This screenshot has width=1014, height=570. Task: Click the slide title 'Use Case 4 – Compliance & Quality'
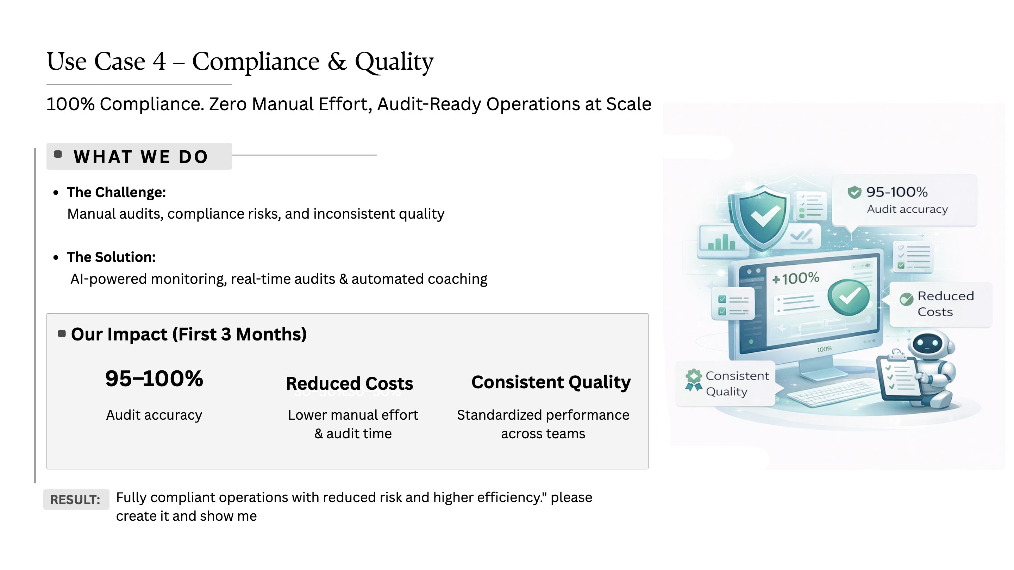pyautogui.click(x=240, y=62)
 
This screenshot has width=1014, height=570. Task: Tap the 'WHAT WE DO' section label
pyautogui.click(x=140, y=157)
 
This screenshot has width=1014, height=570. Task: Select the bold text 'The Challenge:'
pyautogui.click(x=116, y=192)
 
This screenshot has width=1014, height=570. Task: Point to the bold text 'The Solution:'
pyautogui.click(x=111, y=257)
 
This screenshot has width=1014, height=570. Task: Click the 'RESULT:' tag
pyautogui.click(x=76, y=500)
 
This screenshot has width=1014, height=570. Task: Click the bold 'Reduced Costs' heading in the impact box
pyautogui.click(x=350, y=383)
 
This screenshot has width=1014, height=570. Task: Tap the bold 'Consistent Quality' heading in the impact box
pyautogui.click(x=551, y=382)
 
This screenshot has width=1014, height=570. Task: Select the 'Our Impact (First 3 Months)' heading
pyautogui.click(x=189, y=334)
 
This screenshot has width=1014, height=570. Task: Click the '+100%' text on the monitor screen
pyautogui.click(x=796, y=278)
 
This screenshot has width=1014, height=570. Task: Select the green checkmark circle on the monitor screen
pyautogui.click(x=849, y=297)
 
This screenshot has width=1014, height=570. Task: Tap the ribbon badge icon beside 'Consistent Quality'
pyautogui.click(x=694, y=380)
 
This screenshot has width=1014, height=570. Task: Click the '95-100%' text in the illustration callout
pyautogui.click(x=897, y=192)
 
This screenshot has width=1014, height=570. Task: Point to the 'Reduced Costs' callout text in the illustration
pyautogui.click(x=945, y=304)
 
